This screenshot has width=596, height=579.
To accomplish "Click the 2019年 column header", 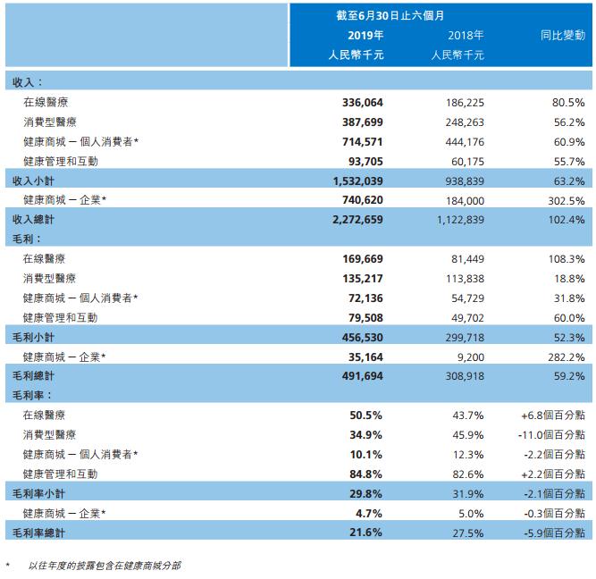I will pos(365,35).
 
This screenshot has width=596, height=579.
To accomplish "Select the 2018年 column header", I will pos(466,35).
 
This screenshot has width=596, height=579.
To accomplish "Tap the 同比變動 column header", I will pos(562,35).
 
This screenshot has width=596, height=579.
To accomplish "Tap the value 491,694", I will pos(362,375).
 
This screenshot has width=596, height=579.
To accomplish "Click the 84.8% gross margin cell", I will pos(367,473).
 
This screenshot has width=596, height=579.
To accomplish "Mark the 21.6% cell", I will pos(367,532).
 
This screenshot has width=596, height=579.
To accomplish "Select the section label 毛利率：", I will pos(29,395).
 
